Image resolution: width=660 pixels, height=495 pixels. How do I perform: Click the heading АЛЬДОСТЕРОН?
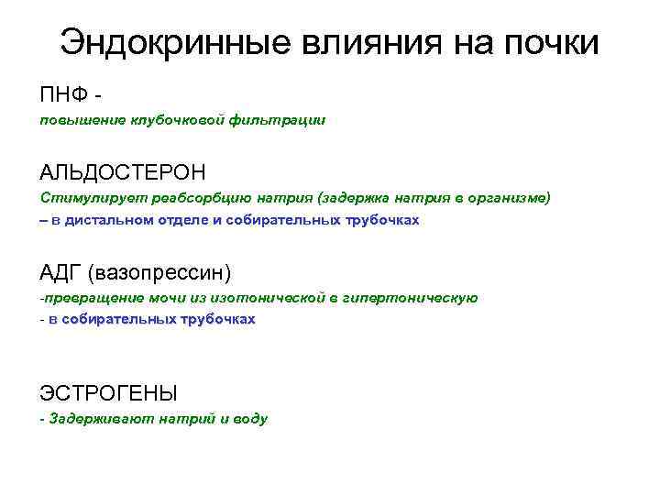tap(123, 171)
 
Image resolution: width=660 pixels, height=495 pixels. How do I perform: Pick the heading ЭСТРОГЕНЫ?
tap(108, 393)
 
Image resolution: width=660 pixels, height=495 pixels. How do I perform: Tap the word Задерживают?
tap(96, 419)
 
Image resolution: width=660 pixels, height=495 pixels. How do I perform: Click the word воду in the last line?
tap(249, 419)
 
